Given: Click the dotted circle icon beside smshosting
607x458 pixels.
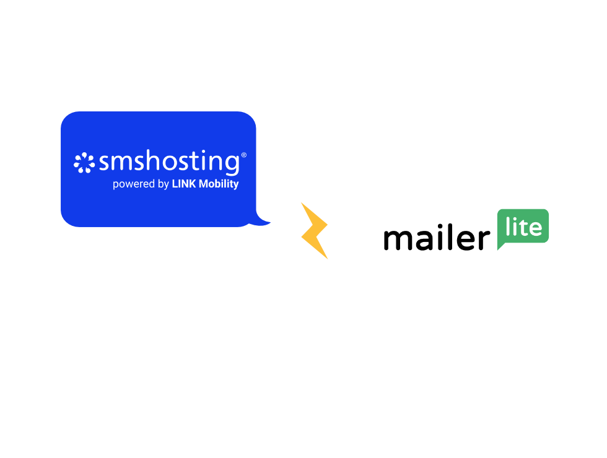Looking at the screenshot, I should click(x=85, y=163).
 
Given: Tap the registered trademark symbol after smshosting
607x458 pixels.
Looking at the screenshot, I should click(x=243, y=155).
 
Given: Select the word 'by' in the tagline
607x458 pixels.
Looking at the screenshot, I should click(x=164, y=184).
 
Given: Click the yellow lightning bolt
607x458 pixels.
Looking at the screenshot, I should click(x=315, y=230).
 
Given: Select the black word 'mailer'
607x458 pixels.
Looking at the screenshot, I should click(x=436, y=238).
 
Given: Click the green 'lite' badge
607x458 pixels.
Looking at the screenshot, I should click(x=523, y=227).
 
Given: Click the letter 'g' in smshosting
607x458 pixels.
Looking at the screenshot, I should click(x=230, y=165).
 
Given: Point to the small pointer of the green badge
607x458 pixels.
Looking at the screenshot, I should click(x=501, y=246).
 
